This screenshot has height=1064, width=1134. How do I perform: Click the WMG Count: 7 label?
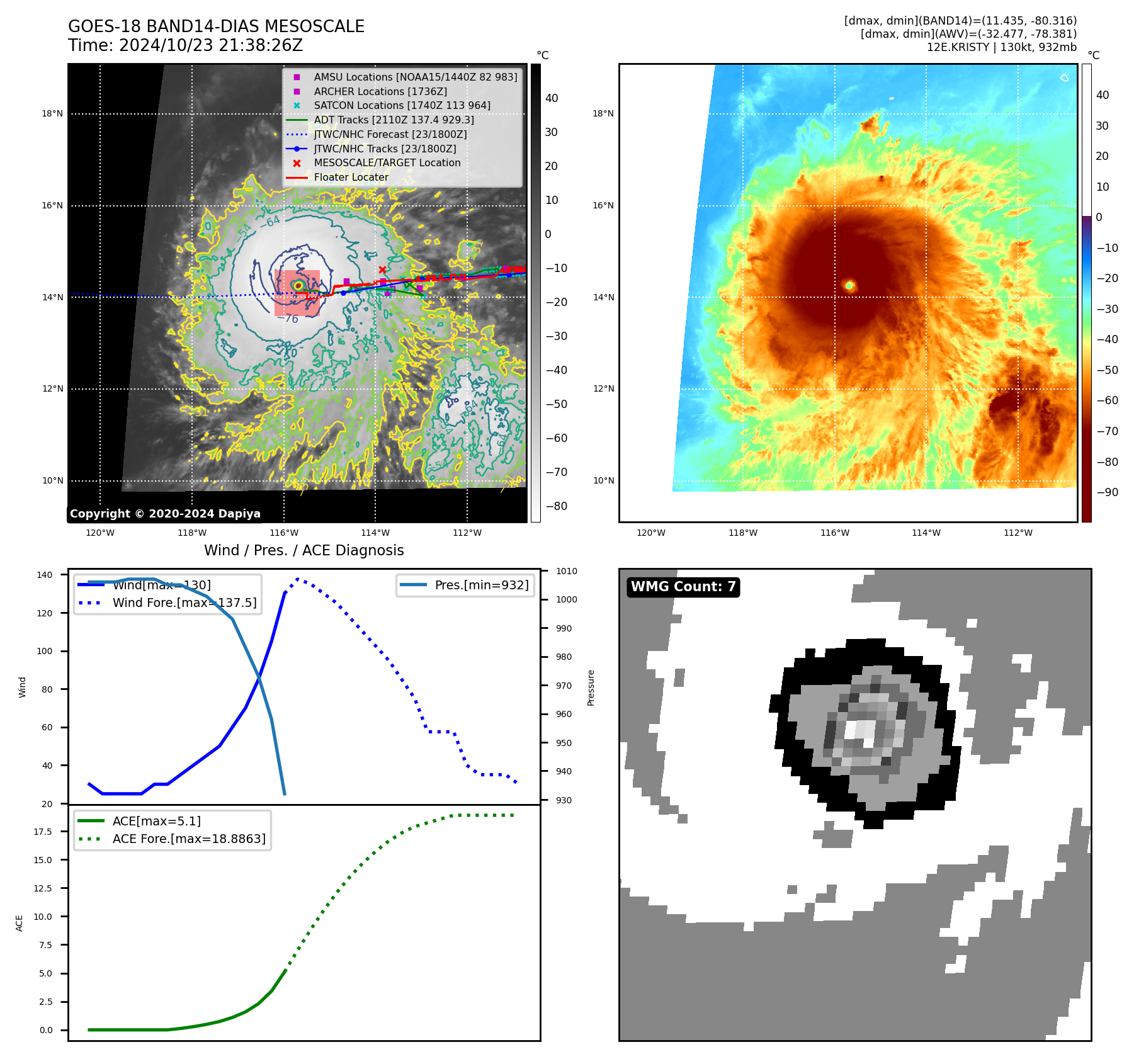click(683, 587)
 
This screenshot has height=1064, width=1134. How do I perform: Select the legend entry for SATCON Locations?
click(402, 106)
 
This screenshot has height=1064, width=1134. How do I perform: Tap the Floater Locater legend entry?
click(351, 178)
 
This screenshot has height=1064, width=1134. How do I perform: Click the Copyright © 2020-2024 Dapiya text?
click(165, 514)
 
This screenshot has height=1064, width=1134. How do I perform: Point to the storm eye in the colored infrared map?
click(849, 286)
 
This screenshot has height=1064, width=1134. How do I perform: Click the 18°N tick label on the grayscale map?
click(52, 114)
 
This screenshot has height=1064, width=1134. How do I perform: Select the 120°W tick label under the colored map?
click(650, 533)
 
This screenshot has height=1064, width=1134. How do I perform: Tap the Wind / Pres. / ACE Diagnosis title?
click(303, 550)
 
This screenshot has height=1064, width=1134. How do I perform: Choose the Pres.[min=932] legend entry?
click(481, 585)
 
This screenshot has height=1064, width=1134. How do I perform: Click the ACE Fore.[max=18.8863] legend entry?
click(189, 839)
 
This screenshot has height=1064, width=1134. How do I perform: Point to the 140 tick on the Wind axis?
click(45, 575)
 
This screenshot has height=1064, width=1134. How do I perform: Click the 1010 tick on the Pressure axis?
click(566, 571)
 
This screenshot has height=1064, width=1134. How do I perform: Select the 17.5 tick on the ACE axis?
click(43, 832)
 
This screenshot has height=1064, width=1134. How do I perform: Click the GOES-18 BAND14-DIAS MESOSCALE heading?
click(216, 26)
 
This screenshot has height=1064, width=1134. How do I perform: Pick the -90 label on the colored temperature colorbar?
click(1107, 492)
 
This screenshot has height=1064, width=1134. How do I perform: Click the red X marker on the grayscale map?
click(382, 270)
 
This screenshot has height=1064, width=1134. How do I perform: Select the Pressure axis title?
click(591, 688)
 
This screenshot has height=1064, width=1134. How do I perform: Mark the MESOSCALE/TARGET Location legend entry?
click(387, 163)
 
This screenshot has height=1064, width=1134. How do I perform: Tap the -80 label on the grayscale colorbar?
click(556, 506)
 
